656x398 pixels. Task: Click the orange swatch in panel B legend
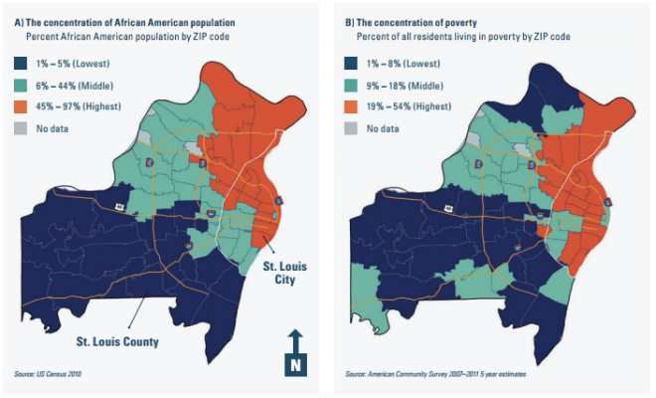pos(351,105)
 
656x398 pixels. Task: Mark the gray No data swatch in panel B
pos(351,128)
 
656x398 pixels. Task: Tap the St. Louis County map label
pos(118,341)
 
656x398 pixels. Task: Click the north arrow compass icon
pos(294,352)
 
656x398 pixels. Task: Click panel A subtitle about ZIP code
pos(108,37)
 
